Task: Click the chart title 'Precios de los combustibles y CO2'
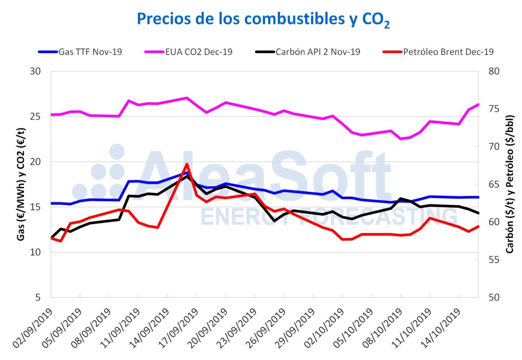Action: (263, 20)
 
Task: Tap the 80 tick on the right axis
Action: (492, 71)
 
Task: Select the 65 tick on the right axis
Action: (492, 184)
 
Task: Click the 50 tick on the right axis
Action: (492, 297)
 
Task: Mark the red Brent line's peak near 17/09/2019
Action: (187, 164)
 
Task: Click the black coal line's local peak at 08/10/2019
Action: (401, 199)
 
